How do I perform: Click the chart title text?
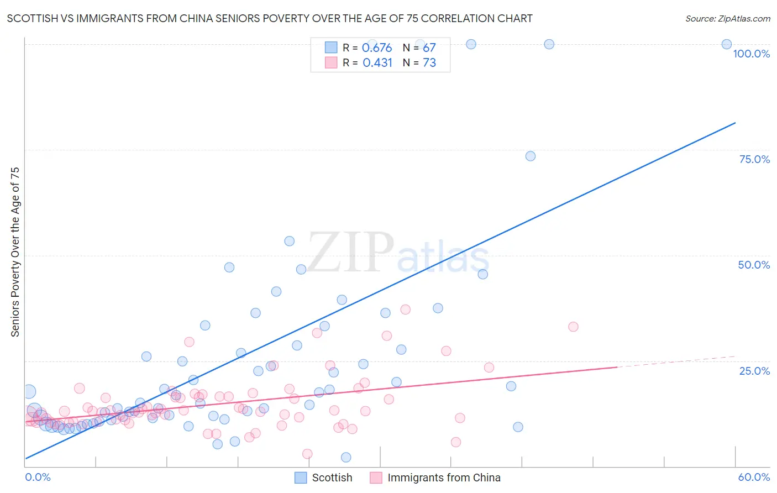pos(270,18)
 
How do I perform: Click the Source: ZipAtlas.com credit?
pos(727,18)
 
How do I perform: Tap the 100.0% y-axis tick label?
pos(751,54)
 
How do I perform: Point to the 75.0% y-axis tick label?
pos(754,159)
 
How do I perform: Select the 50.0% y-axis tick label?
pos(754,265)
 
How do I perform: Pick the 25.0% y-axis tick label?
pos(754,370)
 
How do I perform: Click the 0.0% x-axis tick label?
pos(38,477)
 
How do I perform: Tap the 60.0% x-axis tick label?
pos(754,477)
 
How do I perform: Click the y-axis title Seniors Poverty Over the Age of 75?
pos(15,251)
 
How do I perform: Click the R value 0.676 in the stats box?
pos(377,48)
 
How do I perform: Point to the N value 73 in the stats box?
pos(429,62)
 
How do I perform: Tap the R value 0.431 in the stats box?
pos(377,62)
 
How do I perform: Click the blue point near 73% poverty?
pos(531,156)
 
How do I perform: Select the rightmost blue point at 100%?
pos(727,44)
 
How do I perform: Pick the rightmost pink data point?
pos(573,327)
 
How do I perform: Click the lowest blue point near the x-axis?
pos(346,457)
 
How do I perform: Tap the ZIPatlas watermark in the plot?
pos(398,253)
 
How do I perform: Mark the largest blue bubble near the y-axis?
pos(29,392)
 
